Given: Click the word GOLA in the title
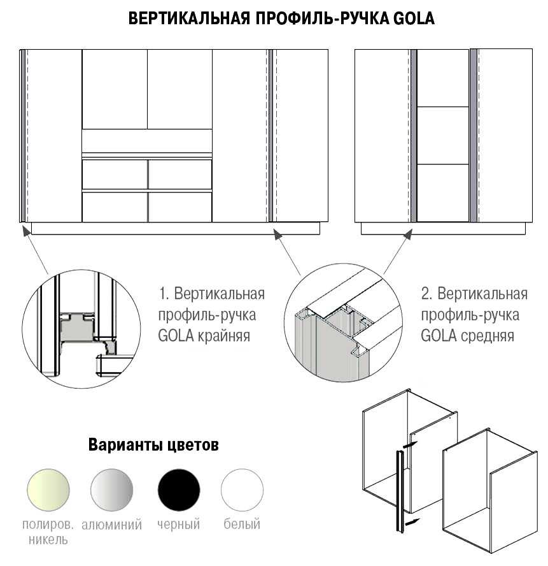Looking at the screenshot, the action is [x=414, y=18].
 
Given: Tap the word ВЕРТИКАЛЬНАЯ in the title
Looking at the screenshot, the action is [x=189, y=18].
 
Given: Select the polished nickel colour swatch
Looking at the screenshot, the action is [x=48, y=490].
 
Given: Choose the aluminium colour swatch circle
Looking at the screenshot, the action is [x=112, y=490].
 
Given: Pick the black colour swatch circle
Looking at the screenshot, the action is [x=179, y=490].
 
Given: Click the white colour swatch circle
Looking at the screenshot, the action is [x=242, y=490].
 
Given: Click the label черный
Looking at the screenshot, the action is [x=178, y=524].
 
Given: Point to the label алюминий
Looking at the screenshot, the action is [x=112, y=525].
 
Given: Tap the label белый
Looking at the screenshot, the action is [x=242, y=523].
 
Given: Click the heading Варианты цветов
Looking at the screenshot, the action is [x=153, y=445].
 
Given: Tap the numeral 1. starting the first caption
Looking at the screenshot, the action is [x=164, y=294].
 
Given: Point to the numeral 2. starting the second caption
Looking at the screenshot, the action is [x=426, y=294].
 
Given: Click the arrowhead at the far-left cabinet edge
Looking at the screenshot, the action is [x=25, y=229].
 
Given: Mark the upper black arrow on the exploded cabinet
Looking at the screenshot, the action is [x=410, y=445].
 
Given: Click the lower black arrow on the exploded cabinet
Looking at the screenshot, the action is [x=412, y=522].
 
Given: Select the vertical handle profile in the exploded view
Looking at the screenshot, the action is [x=400, y=491].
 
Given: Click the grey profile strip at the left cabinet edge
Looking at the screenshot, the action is [x=23, y=136].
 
